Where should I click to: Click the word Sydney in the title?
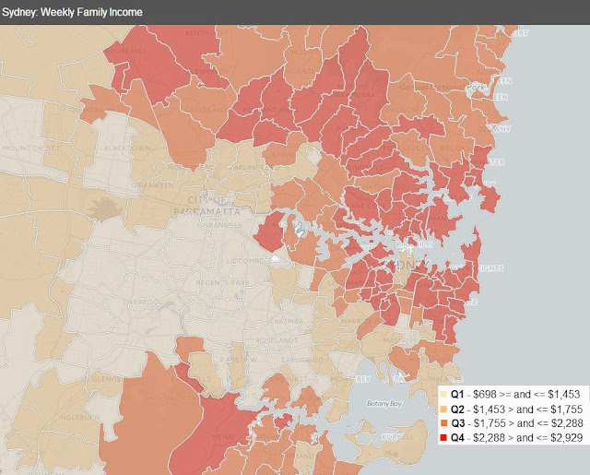(23, 9)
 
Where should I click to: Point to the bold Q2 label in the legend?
(459, 408)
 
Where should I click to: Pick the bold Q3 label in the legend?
(459, 422)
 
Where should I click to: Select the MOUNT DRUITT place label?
(28, 148)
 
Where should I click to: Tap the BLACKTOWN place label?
(102, 148)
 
